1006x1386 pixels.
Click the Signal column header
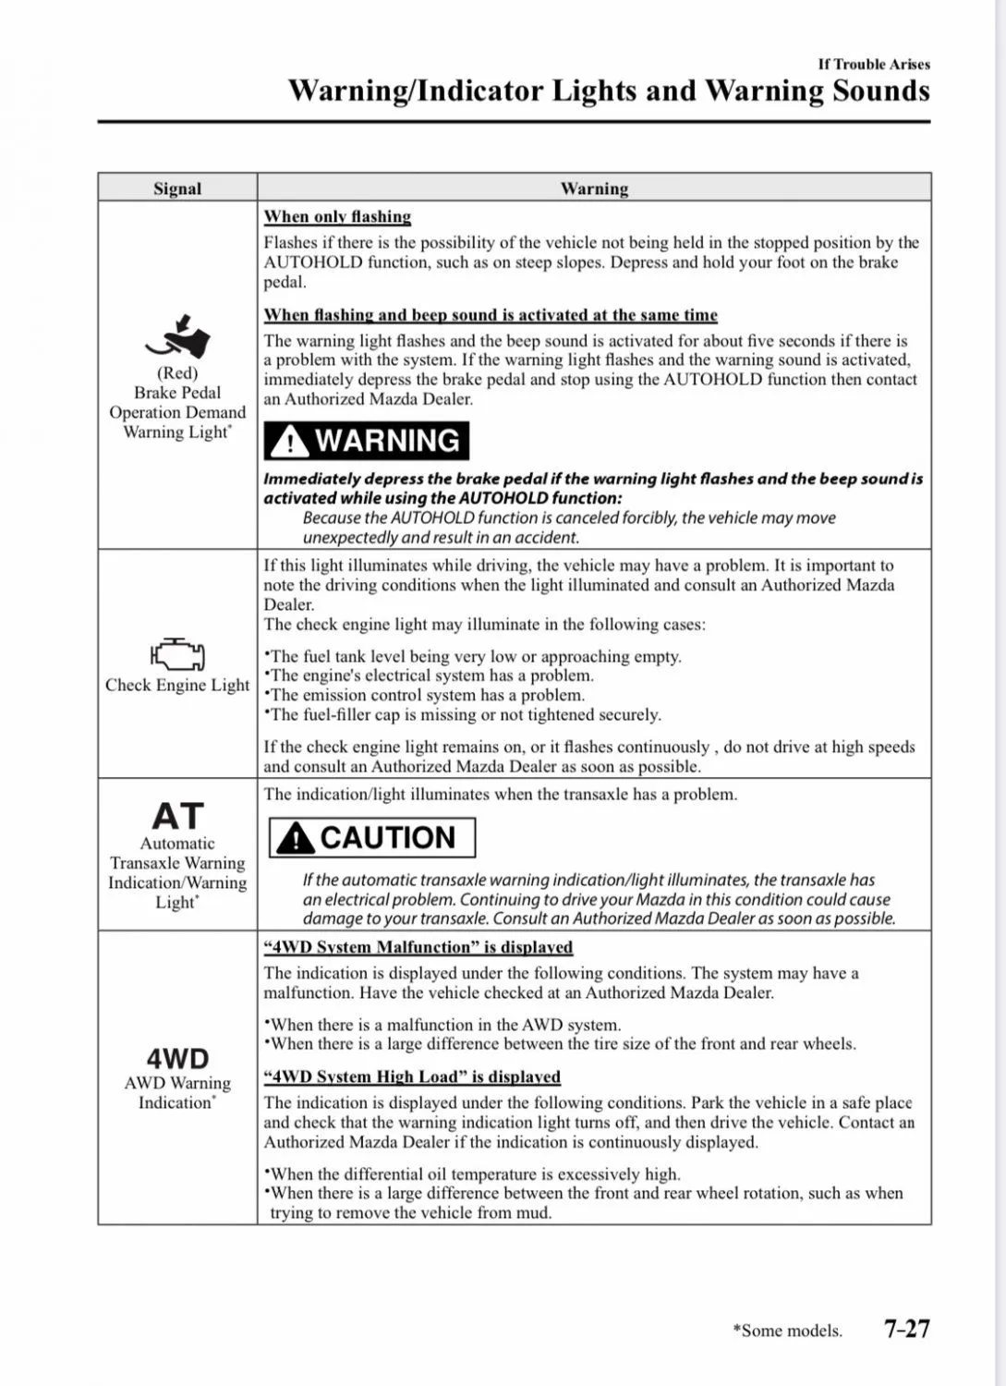point(177,188)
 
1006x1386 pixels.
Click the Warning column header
point(594,188)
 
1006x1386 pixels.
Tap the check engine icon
point(177,654)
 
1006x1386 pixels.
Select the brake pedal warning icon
point(178,337)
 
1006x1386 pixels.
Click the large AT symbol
point(177,816)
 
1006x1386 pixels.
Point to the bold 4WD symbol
point(177,1058)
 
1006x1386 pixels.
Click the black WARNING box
point(367,441)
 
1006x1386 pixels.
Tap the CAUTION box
point(372,837)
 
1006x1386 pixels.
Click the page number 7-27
point(906,1329)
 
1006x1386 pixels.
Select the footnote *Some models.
point(787,1331)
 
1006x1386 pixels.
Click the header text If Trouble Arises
point(874,64)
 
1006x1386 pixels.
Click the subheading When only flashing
point(337,216)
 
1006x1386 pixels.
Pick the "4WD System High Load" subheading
point(412,1076)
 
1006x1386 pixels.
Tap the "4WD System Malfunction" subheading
point(418,947)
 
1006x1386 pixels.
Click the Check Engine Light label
point(177,685)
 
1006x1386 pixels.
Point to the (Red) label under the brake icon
point(177,373)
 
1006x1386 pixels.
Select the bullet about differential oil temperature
point(473,1173)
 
